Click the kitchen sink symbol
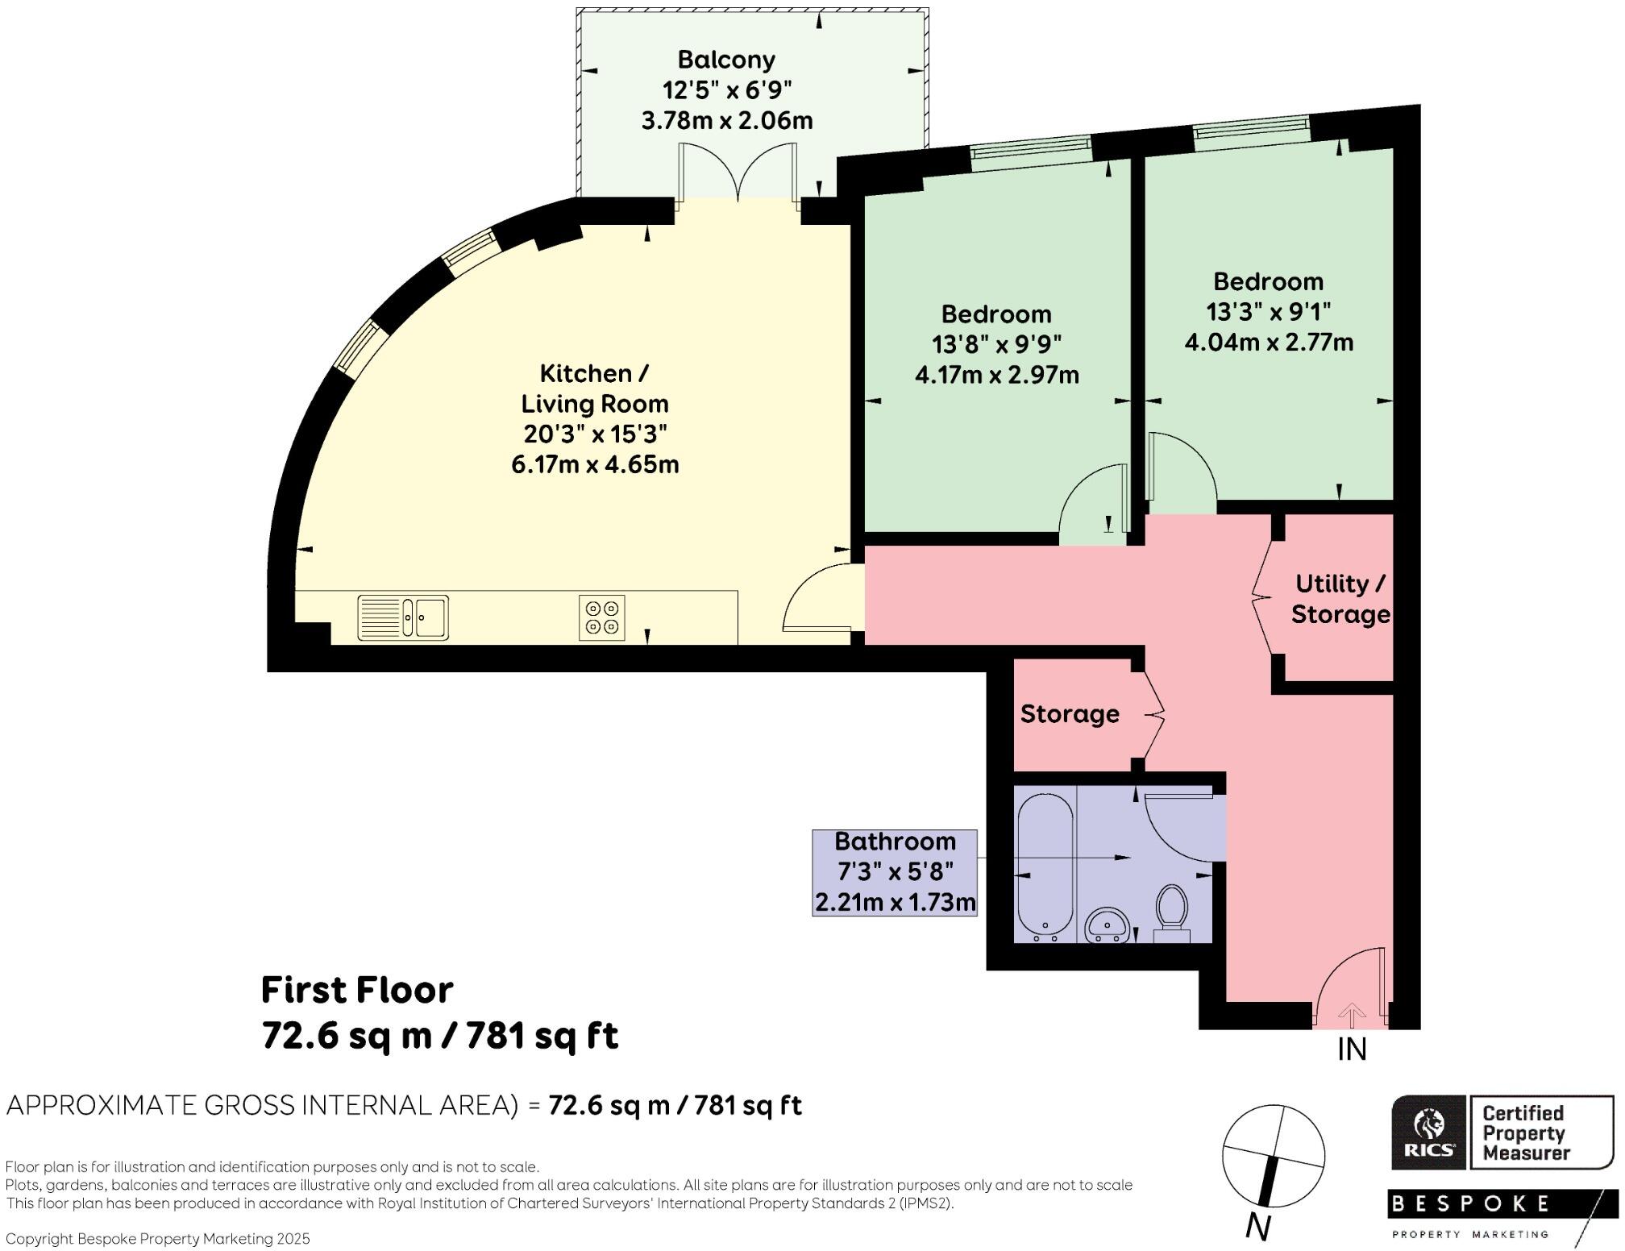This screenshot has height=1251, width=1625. coord(403,617)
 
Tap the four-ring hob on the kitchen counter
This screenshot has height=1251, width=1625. coord(602,617)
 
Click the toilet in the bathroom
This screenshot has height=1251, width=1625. coord(1172,913)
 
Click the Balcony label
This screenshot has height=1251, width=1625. coord(726,60)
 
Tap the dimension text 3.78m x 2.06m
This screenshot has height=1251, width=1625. coord(726,121)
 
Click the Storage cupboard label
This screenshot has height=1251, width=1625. coord(1070,714)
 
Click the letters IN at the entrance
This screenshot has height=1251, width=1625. coord(1352,1049)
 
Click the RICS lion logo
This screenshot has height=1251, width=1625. coord(1429,1132)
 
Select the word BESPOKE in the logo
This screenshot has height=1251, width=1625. coord(1469,1204)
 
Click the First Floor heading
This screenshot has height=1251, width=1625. coord(357,990)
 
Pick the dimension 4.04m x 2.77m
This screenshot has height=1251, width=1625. coord(1269,343)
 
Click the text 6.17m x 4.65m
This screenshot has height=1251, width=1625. coord(595,465)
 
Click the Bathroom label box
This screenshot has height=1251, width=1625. coord(895,872)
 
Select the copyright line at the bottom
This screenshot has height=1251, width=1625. coord(158,1239)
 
